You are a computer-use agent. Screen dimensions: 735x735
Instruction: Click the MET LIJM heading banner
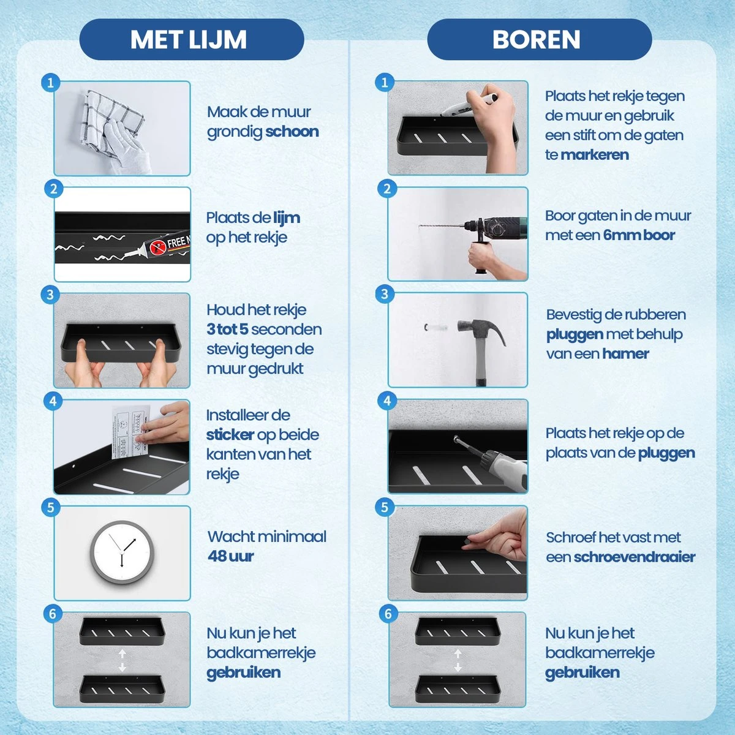(191, 40)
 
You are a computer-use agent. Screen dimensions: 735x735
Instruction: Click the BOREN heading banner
(538, 40)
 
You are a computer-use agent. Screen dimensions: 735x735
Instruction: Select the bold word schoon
(292, 132)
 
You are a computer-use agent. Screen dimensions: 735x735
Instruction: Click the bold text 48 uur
(230, 556)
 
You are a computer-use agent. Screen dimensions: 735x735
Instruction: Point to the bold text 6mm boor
(639, 235)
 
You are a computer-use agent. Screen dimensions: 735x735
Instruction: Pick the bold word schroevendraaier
(634, 557)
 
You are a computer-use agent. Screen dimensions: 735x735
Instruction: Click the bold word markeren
(594, 155)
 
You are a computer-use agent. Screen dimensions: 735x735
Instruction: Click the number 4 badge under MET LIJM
(53, 401)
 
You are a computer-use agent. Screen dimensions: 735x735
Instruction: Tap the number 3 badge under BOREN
(385, 294)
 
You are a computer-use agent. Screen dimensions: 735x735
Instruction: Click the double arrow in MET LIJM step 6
(122, 660)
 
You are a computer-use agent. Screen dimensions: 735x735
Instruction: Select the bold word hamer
(625, 354)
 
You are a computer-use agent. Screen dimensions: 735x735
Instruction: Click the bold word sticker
(230, 435)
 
